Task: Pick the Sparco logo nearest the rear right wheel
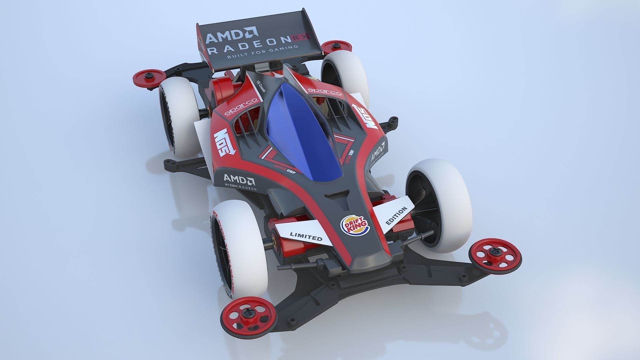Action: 324,91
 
